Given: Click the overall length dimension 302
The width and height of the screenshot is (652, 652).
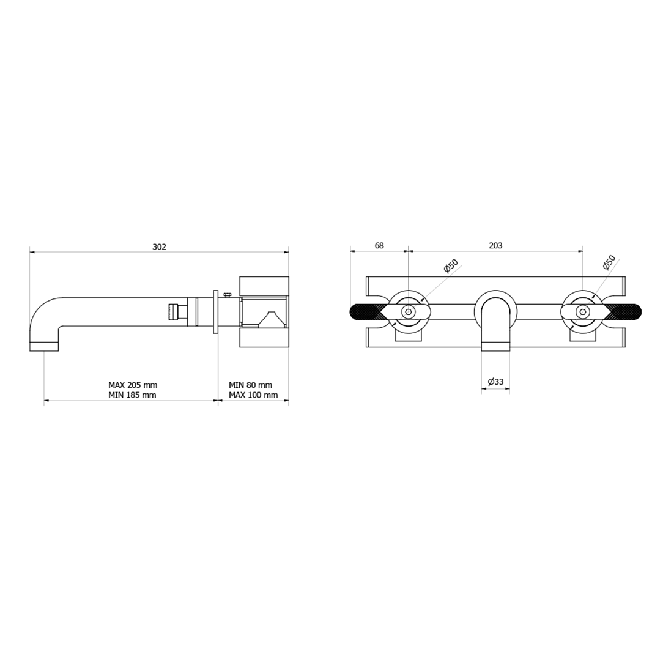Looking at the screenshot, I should click(159, 247).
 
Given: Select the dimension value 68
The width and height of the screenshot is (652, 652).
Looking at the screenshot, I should click(379, 245).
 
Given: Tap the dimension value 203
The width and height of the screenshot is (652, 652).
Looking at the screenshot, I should click(495, 245).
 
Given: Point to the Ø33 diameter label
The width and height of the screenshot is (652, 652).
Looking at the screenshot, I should click(495, 382).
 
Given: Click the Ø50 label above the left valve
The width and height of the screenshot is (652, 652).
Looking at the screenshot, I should click(451, 267).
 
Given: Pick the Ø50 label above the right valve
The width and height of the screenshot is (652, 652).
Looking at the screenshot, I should click(609, 263).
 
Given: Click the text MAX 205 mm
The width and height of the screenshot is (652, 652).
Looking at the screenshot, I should click(133, 385).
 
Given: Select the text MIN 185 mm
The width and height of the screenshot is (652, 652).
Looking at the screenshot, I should click(132, 395).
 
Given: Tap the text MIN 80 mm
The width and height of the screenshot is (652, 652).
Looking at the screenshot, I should click(250, 385).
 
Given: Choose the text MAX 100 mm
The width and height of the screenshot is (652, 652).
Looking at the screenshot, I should click(253, 395).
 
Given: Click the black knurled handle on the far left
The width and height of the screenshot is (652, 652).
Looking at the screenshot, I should click(365, 312).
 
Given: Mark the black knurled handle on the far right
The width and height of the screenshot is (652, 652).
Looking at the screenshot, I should click(625, 312).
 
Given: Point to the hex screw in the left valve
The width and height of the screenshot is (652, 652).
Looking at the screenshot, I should click(407, 312).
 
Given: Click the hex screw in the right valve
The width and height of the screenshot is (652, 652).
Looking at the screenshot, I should click(582, 312).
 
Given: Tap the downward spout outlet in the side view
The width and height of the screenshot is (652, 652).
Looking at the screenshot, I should click(44, 346).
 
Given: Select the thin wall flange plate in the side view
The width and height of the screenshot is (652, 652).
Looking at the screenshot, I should click(215, 312).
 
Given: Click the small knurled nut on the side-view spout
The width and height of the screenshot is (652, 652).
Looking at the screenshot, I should click(172, 311).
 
